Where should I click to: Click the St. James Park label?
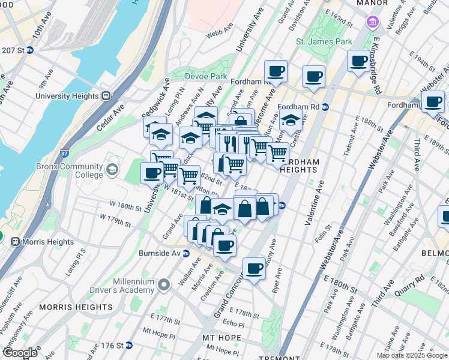[324, 41]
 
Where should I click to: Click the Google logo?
[20, 353]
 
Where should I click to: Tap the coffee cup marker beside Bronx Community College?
[151, 173]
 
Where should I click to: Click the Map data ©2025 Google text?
[411, 355]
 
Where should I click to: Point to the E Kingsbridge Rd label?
[376, 67]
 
